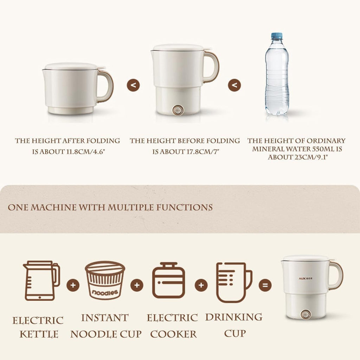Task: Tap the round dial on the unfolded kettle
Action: point(178,110)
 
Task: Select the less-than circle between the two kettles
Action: point(133,85)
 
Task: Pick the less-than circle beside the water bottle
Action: point(234,85)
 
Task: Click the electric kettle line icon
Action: point(41,281)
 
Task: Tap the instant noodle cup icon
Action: point(105,280)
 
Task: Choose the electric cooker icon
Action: point(168,280)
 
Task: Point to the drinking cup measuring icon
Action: point(234,282)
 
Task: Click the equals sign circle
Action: point(265,285)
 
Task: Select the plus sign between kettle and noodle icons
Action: point(73,285)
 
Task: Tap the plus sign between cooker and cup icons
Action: point(201,285)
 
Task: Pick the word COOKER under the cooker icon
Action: point(174,334)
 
